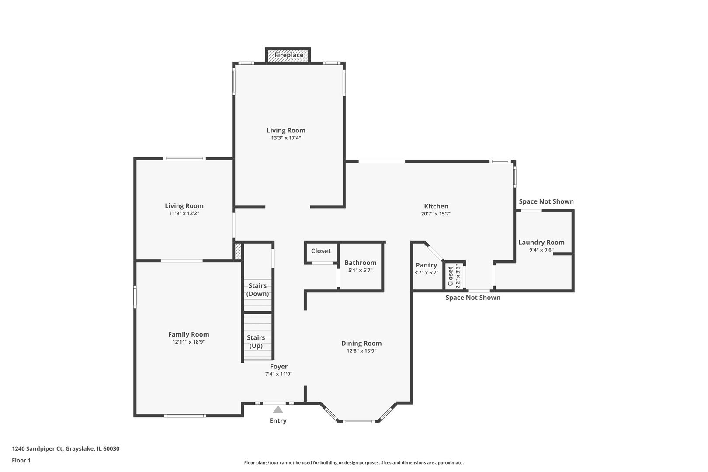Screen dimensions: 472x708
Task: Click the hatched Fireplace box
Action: [x=288, y=56]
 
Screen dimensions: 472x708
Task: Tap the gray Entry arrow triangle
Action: [x=278, y=410]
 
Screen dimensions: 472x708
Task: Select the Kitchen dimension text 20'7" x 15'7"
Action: [x=436, y=214]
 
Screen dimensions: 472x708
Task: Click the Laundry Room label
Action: [x=541, y=243]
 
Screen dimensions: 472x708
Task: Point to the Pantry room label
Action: [x=426, y=265]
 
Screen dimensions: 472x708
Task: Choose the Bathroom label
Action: [x=360, y=263]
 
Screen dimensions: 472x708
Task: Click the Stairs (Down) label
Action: [x=257, y=290]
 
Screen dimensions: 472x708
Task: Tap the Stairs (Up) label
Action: [x=256, y=342]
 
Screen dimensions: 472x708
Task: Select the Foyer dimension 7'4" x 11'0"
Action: [x=278, y=374]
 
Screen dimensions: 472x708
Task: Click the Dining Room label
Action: [x=361, y=344]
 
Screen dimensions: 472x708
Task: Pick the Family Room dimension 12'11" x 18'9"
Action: [x=188, y=342]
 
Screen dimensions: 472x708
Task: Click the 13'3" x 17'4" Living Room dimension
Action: [x=286, y=138]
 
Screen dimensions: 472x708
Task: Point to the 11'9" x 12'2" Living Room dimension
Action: [x=184, y=214]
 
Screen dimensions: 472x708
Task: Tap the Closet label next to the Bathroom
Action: [x=321, y=251]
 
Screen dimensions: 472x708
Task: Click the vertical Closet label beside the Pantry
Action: [x=451, y=276]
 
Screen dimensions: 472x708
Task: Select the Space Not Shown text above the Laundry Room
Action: [x=546, y=201]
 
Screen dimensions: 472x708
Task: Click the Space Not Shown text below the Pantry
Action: [x=472, y=298]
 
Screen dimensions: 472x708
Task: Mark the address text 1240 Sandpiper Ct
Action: [x=66, y=449]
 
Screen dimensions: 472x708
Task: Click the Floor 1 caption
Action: [x=21, y=460]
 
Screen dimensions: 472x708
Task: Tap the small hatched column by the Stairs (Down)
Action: [x=238, y=252]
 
